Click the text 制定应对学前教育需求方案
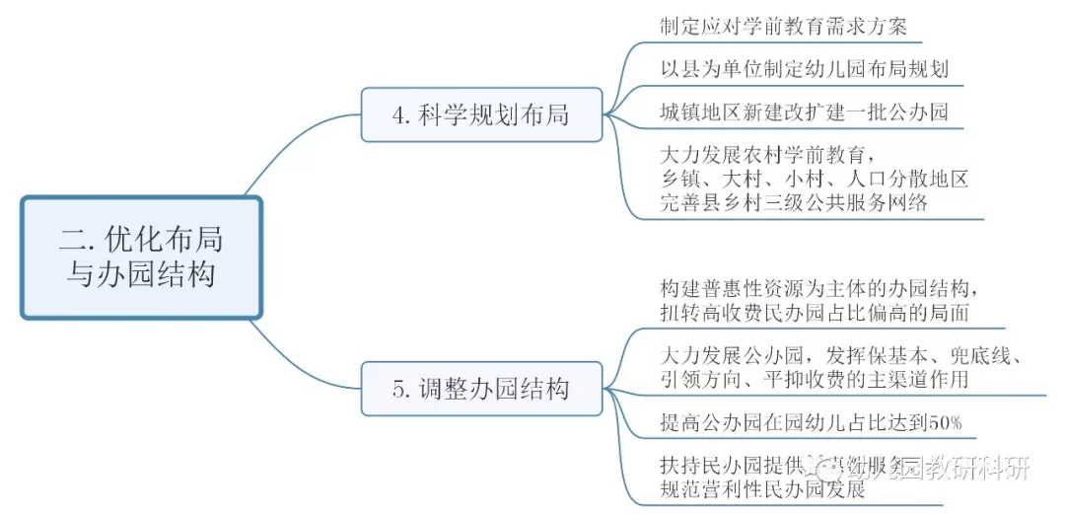(783, 26)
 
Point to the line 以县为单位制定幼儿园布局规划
(805, 69)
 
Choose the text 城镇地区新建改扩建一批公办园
(805, 111)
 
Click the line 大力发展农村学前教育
(769, 155)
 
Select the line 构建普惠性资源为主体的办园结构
(818, 289)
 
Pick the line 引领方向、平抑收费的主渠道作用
(815, 378)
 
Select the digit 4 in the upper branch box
(398, 115)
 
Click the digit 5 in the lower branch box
(398, 389)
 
